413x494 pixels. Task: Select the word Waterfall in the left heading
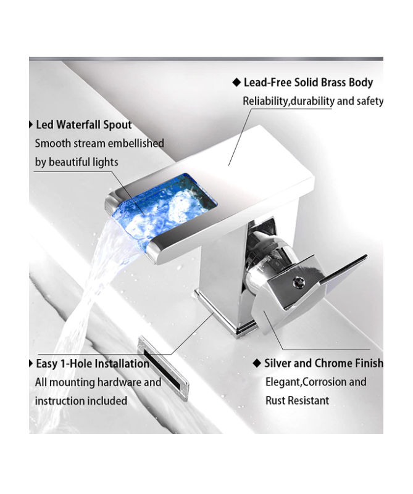[x=78, y=125]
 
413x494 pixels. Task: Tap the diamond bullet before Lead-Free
[x=236, y=83]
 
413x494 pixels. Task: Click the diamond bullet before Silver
[x=257, y=363]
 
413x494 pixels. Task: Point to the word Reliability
[x=265, y=101]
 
